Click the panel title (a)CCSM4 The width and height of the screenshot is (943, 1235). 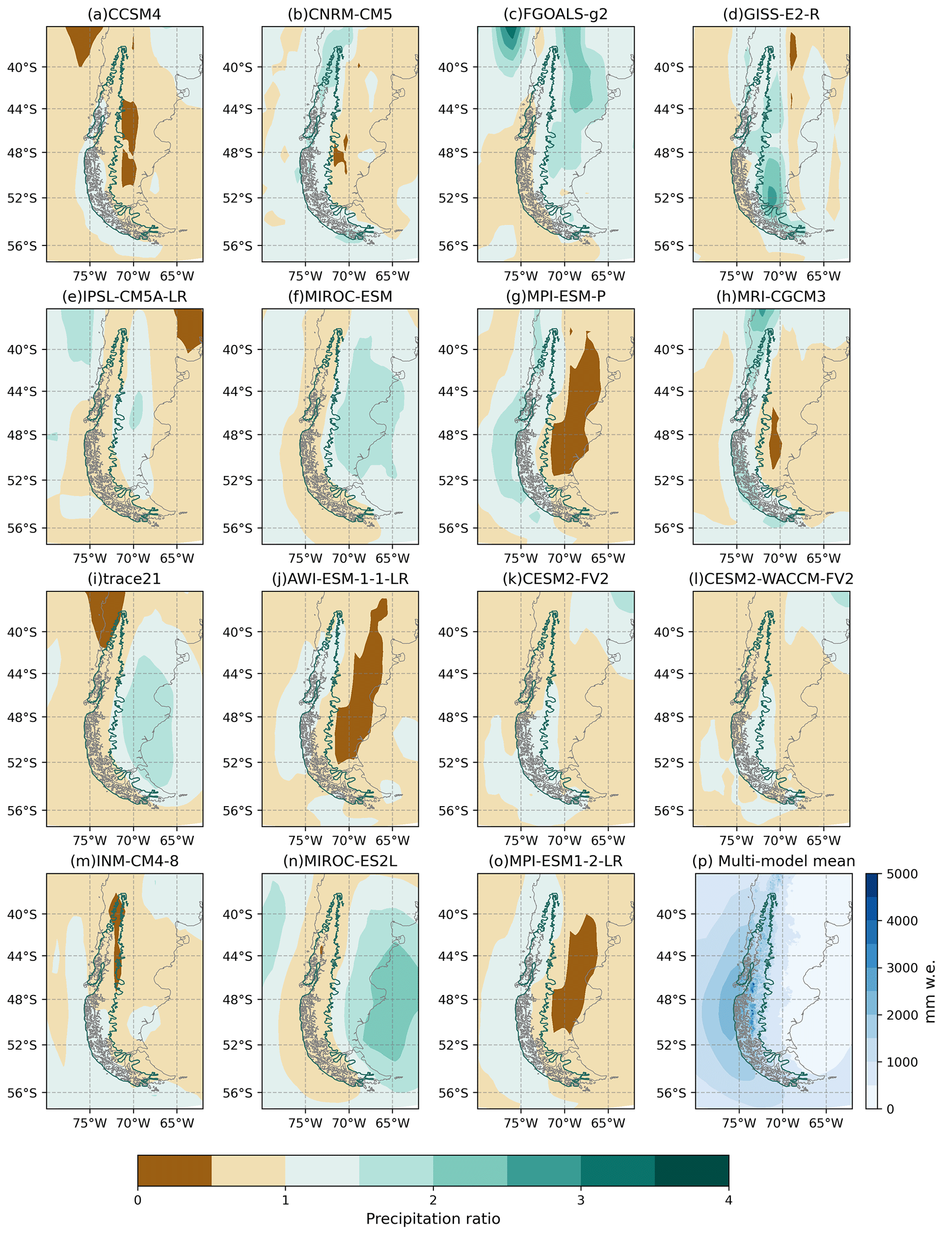click(x=124, y=14)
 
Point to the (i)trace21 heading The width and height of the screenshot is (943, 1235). click(x=124, y=579)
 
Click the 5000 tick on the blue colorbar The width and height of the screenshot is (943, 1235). click(x=902, y=874)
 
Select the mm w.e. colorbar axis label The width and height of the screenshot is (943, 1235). click(x=930, y=991)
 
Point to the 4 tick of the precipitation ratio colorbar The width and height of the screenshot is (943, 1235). click(x=729, y=1200)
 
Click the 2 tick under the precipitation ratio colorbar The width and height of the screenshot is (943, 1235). click(x=433, y=1200)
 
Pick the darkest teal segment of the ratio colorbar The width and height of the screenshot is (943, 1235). click(x=692, y=1170)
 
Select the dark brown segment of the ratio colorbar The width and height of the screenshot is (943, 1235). click(x=175, y=1170)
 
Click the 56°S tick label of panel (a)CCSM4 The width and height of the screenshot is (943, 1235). click(x=22, y=246)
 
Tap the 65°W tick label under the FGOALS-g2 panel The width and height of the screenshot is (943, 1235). click(x=608, y=276)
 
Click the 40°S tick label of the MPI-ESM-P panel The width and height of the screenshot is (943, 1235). click(x=453, y=350)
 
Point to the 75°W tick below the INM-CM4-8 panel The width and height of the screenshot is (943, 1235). click(x=90, y=1123)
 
